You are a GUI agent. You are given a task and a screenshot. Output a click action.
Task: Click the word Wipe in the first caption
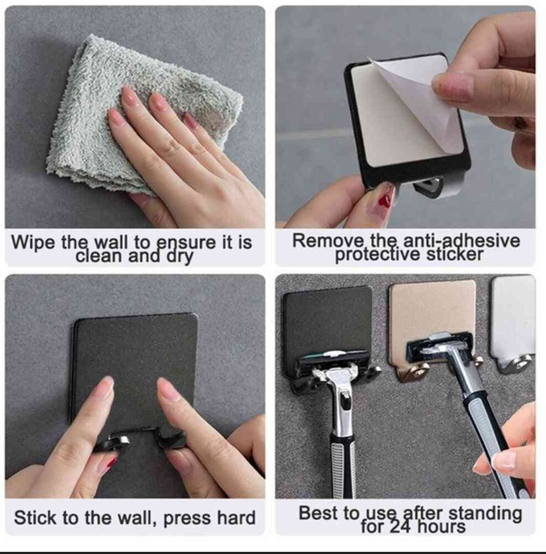pyautogui.click(x=33, y=243)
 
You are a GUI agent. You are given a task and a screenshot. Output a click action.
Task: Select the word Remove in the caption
pyautogui.click(x=326, y=241)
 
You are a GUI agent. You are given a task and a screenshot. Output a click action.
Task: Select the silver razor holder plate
pyautogui.click(x=513, y=318)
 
